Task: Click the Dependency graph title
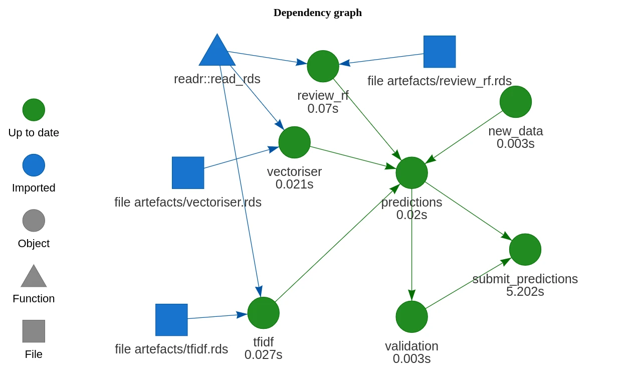coord(317,13)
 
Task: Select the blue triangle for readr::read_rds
coord(217,53)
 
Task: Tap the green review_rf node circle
coord(323,66)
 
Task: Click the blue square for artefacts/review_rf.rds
coord(440,52)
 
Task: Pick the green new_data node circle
coord(515,102)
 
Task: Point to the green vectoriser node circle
coord(294,142)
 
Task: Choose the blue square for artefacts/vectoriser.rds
coord(188,173)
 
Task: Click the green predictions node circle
coord(411,173)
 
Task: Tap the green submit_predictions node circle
coord(525,250)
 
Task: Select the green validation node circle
coord(411,317)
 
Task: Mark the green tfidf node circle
coord(263,313)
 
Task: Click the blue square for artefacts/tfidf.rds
coord(171,320)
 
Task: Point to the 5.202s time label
coord(525,292)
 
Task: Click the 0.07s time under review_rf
coord(323,109)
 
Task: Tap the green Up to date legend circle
coord(34,110)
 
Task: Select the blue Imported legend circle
coord(34,165)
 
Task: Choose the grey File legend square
coord(34,331)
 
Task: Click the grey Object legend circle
coord(34,221)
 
